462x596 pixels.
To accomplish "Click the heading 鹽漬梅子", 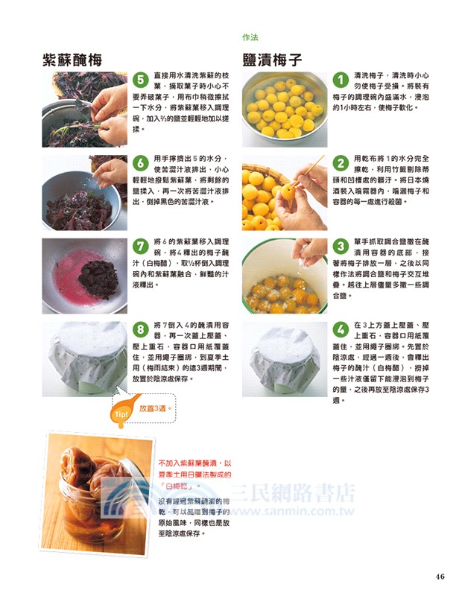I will pos(272,60).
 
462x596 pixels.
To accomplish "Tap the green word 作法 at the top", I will pos(251,37).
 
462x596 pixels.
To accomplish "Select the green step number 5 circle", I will pos(139,80).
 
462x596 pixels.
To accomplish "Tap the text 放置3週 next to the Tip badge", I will pos(156,408).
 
